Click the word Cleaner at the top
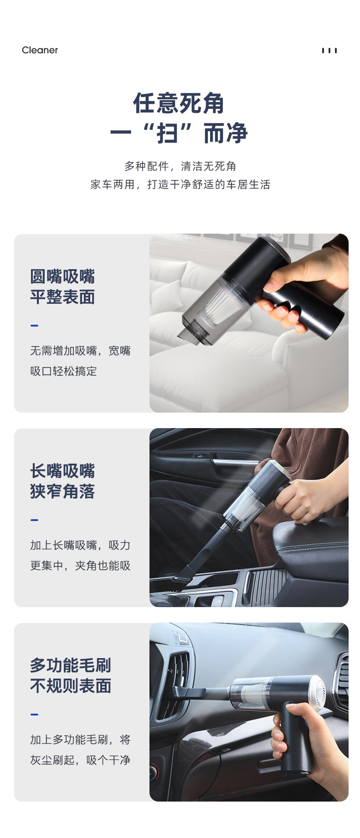click(40, 50)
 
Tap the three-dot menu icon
click(329, 51)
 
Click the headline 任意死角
click(179, 103)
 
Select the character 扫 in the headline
click(167, 134)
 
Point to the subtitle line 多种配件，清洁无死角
click(180, 166)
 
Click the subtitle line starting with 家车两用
click(180, 184)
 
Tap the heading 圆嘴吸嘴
click(62, 276)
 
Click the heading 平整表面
click(62, 297)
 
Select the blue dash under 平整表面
click(34, 326)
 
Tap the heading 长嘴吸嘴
click(62, 471)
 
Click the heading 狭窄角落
click(62, 491)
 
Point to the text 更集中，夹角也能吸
click(80, 566)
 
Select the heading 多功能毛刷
click(71, 665)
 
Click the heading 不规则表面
click(71, 686)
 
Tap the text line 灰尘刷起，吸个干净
click(80, 760)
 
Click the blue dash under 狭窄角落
click(34, 520)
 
